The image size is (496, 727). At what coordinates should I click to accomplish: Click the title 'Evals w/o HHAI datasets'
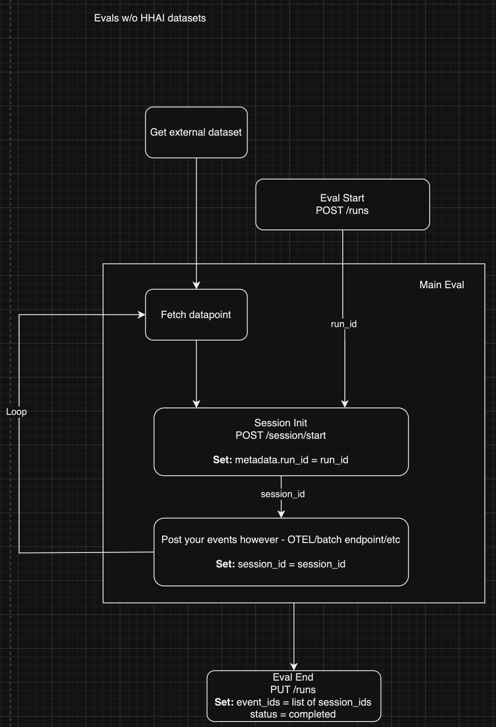(x=150, y=18)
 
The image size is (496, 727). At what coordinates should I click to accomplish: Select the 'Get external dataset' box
(x=196, y=133)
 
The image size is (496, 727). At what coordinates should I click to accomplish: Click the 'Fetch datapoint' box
(x=196, y=315)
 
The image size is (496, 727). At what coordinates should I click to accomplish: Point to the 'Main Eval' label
(x=442, y=285)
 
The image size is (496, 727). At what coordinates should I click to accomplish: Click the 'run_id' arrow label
(x=344, y=324)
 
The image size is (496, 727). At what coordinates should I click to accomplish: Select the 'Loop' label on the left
(x=16, y=412)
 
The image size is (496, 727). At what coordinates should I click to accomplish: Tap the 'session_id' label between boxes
(x=282, y=494)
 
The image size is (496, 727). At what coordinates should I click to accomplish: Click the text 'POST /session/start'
(x=280, y=435)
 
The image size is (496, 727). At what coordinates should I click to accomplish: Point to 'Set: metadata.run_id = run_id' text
(x=280, y=460)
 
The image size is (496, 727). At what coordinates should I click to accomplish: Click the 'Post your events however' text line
(x=280, y=540)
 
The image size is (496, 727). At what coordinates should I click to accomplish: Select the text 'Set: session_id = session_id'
(x=280, y=564)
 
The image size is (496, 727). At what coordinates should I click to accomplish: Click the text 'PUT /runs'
(x=293, y=690)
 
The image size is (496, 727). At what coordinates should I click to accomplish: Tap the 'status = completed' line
(x=293, y=714)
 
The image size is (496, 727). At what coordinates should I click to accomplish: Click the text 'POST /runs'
(x=342, y=210)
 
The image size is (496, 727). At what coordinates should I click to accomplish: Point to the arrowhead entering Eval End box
(x=294, y=667)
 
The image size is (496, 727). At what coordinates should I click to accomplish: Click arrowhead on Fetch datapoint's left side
(x=142, y=315)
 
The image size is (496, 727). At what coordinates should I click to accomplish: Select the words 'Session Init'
(x=280, y=423)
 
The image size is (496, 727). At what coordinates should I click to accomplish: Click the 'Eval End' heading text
(x=293, y=677)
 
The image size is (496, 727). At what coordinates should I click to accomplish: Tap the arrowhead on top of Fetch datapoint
(x=196, y=286)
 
